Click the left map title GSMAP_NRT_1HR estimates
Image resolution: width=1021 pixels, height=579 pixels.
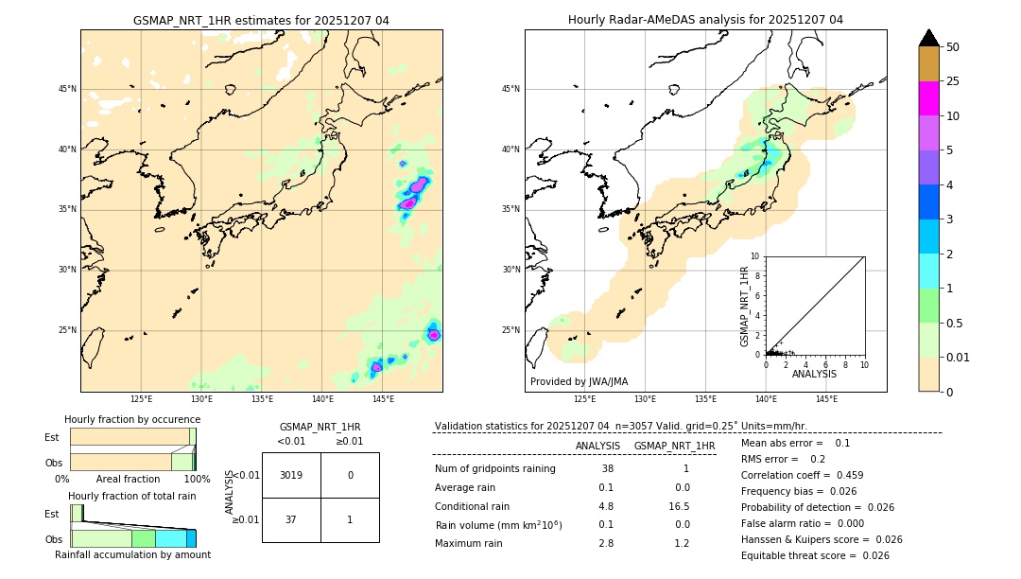coord(261,20)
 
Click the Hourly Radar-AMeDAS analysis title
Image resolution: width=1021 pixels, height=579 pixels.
coord(705,20)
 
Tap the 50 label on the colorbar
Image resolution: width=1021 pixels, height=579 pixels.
coord(953,47)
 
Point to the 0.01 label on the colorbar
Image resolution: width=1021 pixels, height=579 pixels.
coord(957,357)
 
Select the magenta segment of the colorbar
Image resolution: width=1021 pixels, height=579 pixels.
coord(929,98)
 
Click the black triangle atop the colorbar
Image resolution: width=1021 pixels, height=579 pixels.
coord(929,38)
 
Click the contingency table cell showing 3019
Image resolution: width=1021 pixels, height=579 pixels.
coord(291,475)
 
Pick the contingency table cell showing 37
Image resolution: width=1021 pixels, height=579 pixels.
coord(291,519)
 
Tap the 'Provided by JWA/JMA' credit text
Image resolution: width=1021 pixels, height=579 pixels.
coord(579,381)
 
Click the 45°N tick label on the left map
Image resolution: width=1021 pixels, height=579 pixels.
coord(67,89)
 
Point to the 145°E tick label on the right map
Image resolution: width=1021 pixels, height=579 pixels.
coord(826,399)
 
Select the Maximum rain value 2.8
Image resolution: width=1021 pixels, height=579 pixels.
coord(606,543)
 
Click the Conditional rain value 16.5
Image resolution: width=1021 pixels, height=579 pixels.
coord(682,506)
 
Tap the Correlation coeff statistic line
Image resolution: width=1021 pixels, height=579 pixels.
coord(802,475)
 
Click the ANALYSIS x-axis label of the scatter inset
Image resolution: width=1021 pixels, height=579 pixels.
coord(814,374)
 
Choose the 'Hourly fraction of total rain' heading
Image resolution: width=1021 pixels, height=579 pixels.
coord(132,496)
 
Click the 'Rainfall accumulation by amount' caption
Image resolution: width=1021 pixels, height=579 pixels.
coord(132,554)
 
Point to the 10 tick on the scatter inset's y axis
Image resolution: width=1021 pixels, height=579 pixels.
coord(755,255)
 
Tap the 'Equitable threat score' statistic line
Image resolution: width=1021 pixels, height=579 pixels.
coord(814,555)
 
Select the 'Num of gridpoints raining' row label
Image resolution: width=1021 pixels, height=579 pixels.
coord(494,468)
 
